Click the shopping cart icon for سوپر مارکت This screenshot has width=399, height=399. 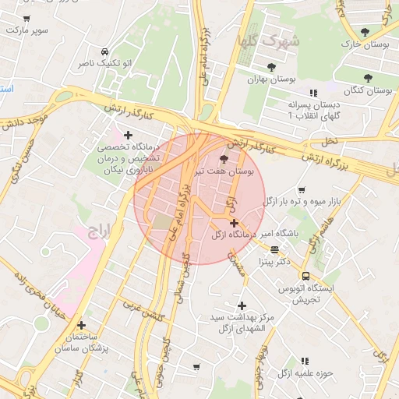pyautogui.click(x=27, y=18)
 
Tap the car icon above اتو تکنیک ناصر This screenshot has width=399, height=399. pyautogui.click(x=83, y=48)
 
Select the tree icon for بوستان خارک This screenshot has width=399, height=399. pyautogui.click(x=365, y=32)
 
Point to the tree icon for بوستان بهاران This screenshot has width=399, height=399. pyautogui.click(x=271, y=67)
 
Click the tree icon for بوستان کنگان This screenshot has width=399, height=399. pyautogui.click(x=367, y=77)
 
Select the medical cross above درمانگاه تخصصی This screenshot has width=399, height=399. pyautogui.click(x=128, y=135)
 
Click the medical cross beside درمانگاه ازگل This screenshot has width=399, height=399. pyautogui.click(x=234, y=223)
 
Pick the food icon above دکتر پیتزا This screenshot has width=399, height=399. pyautogui.click(x=274, y=249)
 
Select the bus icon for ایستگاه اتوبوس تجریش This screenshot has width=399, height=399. pyautogui.click(x=305, y=276)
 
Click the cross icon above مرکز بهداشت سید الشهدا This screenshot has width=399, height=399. pyautogui.click(x=242, y=305)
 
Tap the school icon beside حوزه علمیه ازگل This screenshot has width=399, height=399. pyautogui.click(x=305, y=361)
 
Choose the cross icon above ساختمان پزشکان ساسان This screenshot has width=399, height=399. pyautogui.click(x=81, y=325)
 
